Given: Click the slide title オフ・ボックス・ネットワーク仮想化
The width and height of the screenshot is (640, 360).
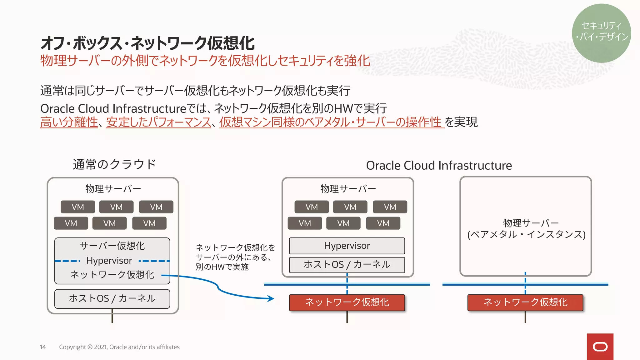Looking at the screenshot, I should click(x=147, y=43).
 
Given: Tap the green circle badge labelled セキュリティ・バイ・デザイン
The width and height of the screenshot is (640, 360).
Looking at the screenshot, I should click(x=601, y=33).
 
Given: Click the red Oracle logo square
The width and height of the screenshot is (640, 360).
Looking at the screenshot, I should click(x=600, y=347).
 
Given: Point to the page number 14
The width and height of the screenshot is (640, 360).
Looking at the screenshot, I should click(x=43, y=347).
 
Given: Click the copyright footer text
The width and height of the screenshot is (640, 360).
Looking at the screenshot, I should click(x=119, y=347).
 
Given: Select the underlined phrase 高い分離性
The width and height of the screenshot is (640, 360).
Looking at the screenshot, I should click(x=69, y=122).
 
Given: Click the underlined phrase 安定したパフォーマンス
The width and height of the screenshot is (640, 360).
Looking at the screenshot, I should click(x=159, y=122).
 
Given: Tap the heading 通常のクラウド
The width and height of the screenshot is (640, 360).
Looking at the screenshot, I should click(x=114, y=164).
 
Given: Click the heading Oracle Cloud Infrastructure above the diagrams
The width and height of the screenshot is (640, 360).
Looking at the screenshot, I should click(x=439, y=165).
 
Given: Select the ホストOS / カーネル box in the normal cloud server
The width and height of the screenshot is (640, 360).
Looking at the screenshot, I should click(x=112, y=298).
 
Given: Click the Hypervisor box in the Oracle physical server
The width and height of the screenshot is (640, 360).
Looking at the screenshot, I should click(x=347, y=246).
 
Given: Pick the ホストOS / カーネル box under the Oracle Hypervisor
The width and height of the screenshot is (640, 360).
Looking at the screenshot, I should click(x=347, y=265).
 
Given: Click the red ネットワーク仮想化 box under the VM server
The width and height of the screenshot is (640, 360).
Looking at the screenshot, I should click(x=347, y=302).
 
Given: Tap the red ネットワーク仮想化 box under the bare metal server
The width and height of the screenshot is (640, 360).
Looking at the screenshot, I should click(x=525, y=302).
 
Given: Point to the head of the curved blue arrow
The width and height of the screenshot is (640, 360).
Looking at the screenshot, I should click(x=271, y=298).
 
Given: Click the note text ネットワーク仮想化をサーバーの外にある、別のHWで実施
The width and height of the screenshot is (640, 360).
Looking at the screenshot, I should click(x=235, y=257).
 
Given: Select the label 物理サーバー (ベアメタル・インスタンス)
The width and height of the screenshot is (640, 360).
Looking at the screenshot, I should click(x=527, y=229).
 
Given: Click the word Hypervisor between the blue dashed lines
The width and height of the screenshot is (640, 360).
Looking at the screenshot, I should click(x=109, y=261).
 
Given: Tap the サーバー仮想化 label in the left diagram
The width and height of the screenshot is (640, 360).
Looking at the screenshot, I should click(x=112, y=246).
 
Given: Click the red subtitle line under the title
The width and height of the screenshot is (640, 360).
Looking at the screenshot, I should click(x=205, y=61).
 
